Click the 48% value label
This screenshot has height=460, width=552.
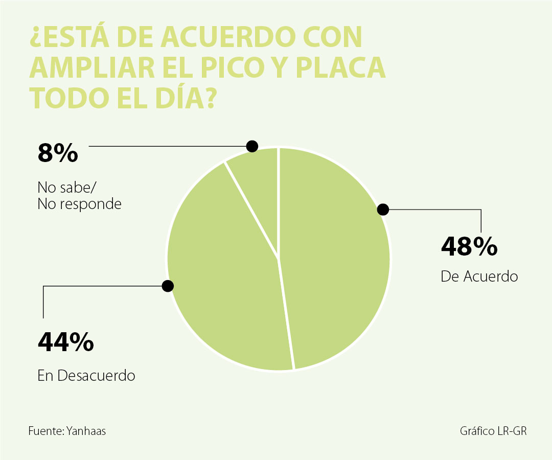pyautogui.click(x=469, y=247)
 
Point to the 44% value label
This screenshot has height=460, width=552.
pyautogui.click(x=65, y=342)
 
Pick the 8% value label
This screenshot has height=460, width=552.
pyautogui.click(x=58, y=153)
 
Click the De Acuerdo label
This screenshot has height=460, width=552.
pyautogui.click(x=479, y=277)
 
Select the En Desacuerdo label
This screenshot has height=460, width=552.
pyautogui.click(x=86, y=376)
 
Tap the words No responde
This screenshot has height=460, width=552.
pyautogui.click(x=79, y=204)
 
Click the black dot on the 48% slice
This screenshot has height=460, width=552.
pyautogui.click(x=383, y=209)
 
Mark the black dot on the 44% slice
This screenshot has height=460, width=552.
pyautogui.click(x=168, y=286)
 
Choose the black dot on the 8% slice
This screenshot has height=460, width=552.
pyautogui.click(x=251, y=146)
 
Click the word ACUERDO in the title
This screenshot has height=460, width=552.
pyautogui.click(x=228, y=38)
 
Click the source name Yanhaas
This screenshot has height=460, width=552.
pyautogui.click(x=86, y=431)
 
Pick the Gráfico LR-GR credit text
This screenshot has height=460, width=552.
pyautogui.click(x=493, y=431)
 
